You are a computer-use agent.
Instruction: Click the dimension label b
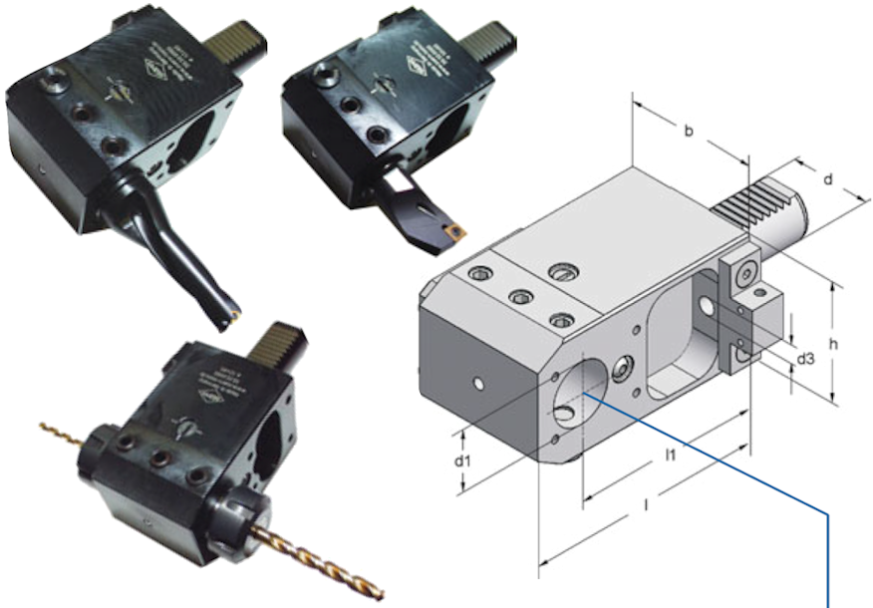[689, 131]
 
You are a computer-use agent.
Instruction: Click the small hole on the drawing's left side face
[480, 383]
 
